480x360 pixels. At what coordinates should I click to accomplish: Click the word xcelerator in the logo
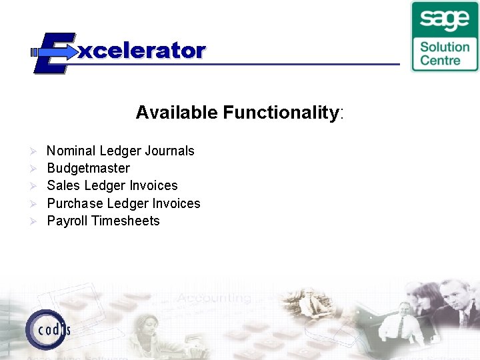coord(141,51)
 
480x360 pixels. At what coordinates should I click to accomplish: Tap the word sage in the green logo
coord(444,19)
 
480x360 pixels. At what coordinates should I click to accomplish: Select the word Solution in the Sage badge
coord(444,47)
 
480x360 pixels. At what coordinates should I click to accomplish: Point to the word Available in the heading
coord(177,112)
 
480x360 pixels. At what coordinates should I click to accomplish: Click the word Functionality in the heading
coord(281,113)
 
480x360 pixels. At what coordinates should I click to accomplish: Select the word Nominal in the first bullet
coord(71,151)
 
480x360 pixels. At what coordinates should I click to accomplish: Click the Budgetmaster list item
coord(88,168)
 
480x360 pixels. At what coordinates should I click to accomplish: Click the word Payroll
coord(67,221)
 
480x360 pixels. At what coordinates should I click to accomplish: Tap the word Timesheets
coord(126,221)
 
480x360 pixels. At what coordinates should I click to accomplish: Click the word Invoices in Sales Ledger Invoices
coord(155,185)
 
